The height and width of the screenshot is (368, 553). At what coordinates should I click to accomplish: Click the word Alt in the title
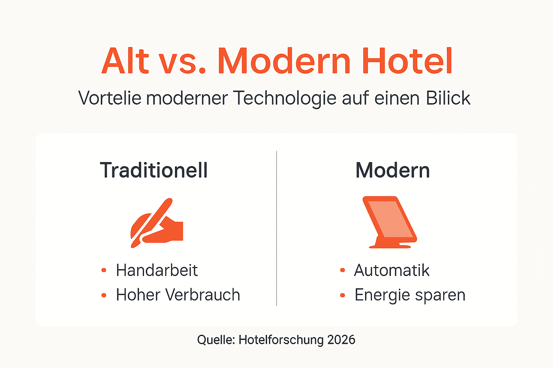(x=125, y=61)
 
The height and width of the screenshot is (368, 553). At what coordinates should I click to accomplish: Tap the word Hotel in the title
(x=407, y=61)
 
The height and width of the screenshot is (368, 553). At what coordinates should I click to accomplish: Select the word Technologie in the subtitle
(x=284, y=98)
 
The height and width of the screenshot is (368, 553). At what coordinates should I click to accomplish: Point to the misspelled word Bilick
(x=448, y=98)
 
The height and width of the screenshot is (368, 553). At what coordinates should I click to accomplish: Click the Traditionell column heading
(x=154, y=170)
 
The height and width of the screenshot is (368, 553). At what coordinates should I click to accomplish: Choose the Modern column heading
(x=392, y=170)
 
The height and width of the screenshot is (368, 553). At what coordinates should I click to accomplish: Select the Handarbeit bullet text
(x=157, y=270)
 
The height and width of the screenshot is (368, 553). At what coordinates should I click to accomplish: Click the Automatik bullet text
(x=392, y=270)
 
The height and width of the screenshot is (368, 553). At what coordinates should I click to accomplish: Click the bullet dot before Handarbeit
(x=104, y=270)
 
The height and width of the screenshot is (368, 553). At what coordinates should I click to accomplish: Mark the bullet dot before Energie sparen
(x=342, y=295)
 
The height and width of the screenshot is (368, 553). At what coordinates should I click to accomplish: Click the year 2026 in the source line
(x=341, y=340)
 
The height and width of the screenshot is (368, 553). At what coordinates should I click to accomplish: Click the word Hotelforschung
(x=281, y=340)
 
